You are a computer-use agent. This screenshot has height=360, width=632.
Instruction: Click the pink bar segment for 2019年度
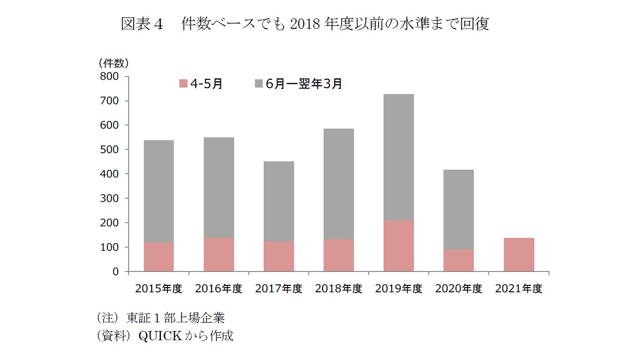tap(398, 246)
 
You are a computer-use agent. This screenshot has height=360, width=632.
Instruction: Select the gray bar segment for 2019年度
tap(398, 157)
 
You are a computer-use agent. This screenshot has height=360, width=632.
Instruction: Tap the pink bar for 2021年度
tap(519, 254)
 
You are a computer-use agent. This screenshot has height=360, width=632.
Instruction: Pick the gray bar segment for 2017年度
tap(278, 201)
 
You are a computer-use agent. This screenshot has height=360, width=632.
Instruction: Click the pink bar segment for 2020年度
tap(458, 260)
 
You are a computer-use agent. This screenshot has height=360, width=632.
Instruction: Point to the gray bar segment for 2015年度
tap(159, 191)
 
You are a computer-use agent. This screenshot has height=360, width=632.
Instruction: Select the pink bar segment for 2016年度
tap(219, 254)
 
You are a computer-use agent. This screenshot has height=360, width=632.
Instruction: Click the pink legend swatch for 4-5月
tap(183, 84)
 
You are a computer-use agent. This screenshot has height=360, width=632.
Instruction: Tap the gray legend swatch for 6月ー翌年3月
tap(259, 84)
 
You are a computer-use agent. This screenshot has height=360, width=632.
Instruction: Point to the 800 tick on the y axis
tap(109, 77)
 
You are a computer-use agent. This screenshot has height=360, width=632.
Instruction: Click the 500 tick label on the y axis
tap(109, 150)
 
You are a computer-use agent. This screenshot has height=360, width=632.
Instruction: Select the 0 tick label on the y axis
tap(115, 272)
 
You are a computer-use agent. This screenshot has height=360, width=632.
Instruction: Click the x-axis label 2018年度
tap(338, 289)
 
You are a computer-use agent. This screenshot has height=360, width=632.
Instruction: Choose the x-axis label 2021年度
tap(519, 289)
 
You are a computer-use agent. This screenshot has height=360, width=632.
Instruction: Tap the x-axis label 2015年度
tap(159, 289)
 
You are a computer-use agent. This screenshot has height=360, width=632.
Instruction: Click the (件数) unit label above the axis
tap(113, 62)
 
